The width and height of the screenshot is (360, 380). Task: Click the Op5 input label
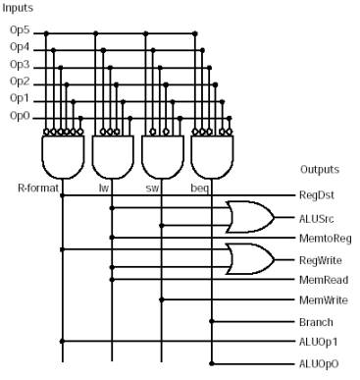click(x=20, y=30)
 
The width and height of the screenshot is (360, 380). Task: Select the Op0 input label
click(x=20, y=116)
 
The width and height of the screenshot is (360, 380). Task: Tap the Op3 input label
click(x=20, y=65)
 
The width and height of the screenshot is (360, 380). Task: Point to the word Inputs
click(x=18, y=8)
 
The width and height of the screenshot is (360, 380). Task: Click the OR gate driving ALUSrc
click(x=250, y=217)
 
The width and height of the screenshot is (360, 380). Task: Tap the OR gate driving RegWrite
click(x=250, y=259)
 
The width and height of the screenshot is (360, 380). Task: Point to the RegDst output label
click(x=317, y=195)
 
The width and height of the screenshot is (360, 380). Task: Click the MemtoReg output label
click(x=326, y=239)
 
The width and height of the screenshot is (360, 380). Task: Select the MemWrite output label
click(x=324, y=300)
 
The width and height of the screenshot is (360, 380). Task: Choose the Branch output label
click(x=316, y=322)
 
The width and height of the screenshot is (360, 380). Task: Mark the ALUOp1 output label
click(x=318, y=342)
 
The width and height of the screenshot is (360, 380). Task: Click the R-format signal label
click(x=38, y=188)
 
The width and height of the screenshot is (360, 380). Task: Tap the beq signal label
click(x=199, y=189)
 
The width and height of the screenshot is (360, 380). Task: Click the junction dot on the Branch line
click(x=212, y=321)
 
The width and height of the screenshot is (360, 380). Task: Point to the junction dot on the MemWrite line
click(x=161, y=299)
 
